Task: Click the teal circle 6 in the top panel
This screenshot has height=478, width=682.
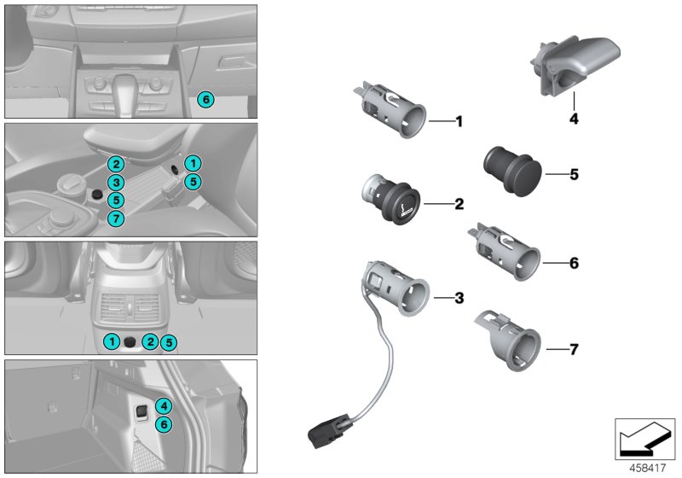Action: click(x=205, y=100)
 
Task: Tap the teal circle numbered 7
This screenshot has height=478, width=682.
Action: click(x=117, y=219)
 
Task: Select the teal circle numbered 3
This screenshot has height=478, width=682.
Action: click(x=117, y=182)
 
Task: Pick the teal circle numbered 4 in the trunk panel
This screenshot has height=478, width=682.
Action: click(x=165, y=406)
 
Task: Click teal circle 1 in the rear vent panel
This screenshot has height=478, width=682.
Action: click(x=112, y=342)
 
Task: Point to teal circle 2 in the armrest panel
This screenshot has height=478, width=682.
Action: click(x=117, y=164)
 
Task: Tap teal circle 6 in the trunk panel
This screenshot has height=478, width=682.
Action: click(x=165, y=424)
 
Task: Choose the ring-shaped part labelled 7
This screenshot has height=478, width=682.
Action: click(x=509, y=341)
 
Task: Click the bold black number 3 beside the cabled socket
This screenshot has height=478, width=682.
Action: click(x=459, y=298)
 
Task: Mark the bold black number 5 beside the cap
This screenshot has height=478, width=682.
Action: click(x=574, y=174)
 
